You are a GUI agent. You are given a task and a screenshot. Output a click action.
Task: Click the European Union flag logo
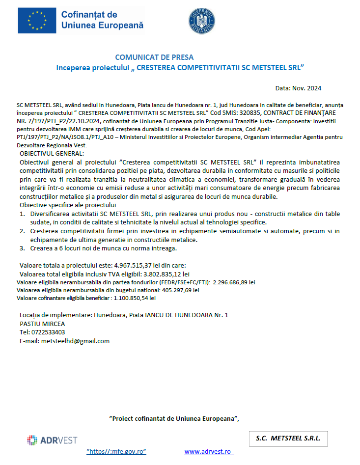click(36, 21)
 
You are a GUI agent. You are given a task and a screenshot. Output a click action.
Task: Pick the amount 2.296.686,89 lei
click(234, 282)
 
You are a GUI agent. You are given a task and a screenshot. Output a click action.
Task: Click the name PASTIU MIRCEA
click(42, 324)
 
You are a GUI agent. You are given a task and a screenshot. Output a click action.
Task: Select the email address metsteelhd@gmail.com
click(75, 341)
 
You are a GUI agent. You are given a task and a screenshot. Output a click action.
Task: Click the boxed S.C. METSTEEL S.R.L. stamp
click(288, 438)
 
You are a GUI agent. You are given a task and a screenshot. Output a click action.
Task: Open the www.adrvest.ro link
click(209, 451)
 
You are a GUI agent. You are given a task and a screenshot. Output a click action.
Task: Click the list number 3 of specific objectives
click(22, 248)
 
